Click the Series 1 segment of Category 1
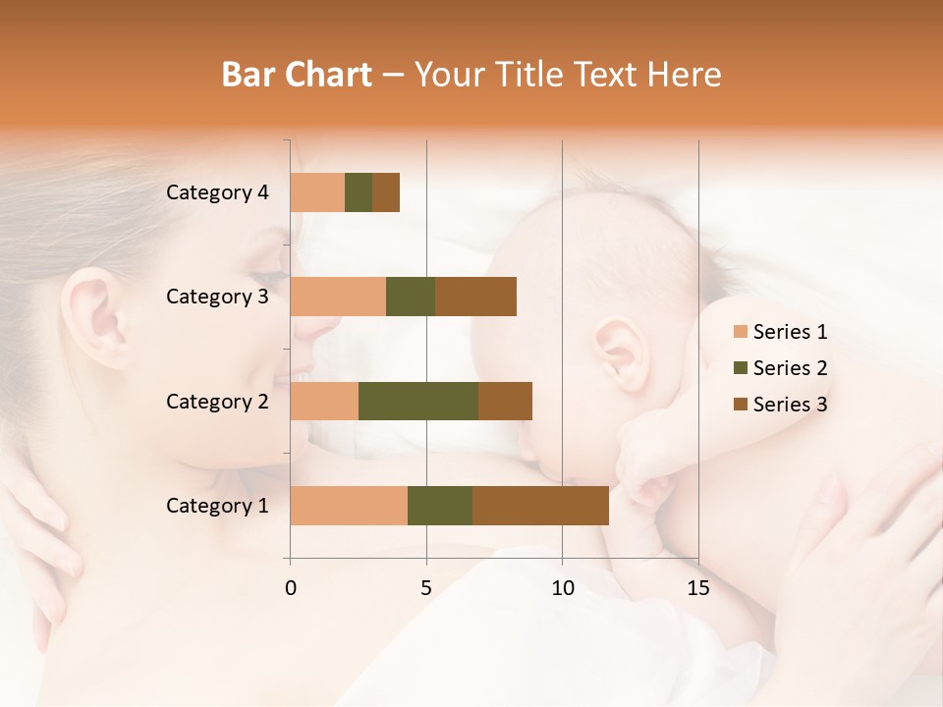pos(349,506)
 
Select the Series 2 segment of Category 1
pos(440,506)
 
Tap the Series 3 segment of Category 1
pos(540,506)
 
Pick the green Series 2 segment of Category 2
pos(418,401)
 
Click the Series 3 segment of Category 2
pos(505,401)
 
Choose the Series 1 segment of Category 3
pos(338,297)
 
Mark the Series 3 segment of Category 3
pos(475,297)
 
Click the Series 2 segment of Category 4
pos(359,192)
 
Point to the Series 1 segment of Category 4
pos(317,192)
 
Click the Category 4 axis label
pos(217,192)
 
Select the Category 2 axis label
pos(217,401)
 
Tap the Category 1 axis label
pos(217,506)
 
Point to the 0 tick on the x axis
pos(291,588)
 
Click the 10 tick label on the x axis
pos(562,588)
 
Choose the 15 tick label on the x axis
pos(697,588)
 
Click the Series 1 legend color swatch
pos(740,332)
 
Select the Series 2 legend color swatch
pos(740,368)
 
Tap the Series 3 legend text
pos(790,405)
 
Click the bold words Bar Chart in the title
pos(297,74)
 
